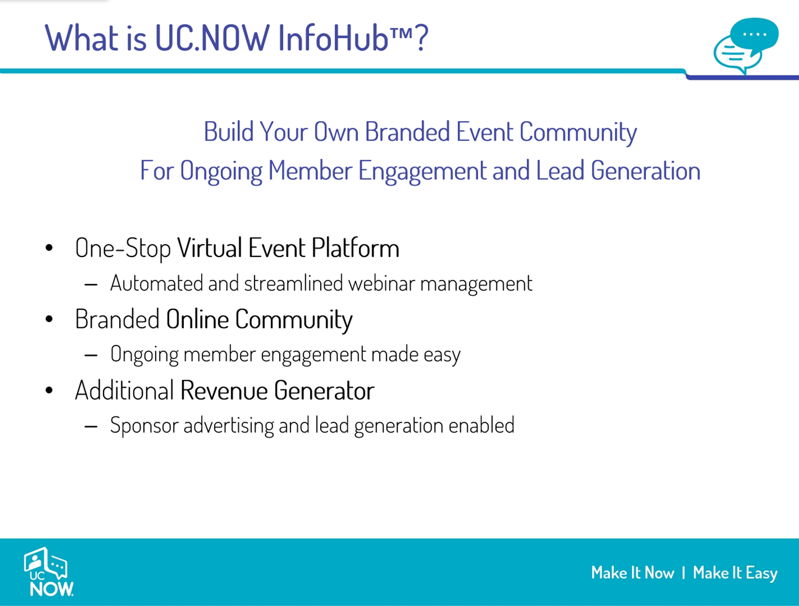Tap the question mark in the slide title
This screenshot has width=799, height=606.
[422, 38]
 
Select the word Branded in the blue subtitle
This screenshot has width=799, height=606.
[408, 131]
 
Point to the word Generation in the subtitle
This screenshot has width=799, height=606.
[645, 171]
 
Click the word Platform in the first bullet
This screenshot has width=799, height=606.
[356, 248]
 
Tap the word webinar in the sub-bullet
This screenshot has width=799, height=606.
[382, 283]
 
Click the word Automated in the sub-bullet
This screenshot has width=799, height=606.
[156, 283]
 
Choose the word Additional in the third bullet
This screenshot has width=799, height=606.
[125, 391]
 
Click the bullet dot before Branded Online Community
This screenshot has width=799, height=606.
[49, 319]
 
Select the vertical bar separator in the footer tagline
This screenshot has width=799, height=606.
[684, 573]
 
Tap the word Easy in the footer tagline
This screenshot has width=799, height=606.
[761, 573]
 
